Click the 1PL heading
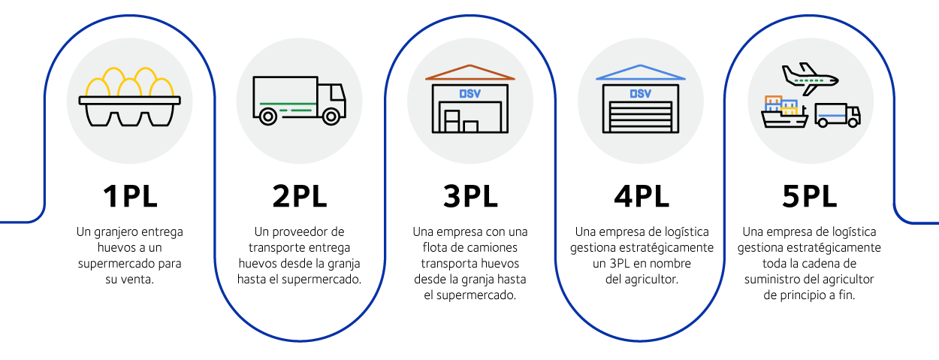[129, 197]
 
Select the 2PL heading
[299, 197]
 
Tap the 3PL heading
[470, 197]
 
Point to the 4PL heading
[640, 197]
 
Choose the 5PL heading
[810, 197]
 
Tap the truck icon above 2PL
[299, 99]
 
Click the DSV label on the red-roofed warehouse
[470, 94]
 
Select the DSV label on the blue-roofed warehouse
[640, 94]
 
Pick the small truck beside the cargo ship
[837, 115]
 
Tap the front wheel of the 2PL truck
[330, 116]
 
